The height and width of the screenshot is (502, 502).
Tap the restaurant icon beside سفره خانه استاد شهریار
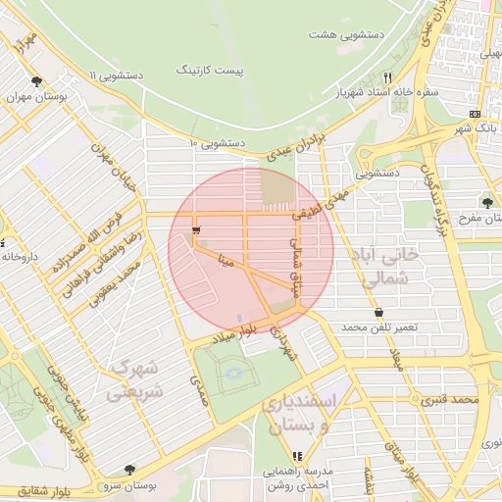point(388,77)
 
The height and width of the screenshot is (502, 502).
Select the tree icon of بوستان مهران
point(36,82)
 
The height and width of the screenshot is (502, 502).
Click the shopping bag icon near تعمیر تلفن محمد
point(379,312)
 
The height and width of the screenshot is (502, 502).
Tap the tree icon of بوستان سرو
point(129,470)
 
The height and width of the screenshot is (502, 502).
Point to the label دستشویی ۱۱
point(116,75)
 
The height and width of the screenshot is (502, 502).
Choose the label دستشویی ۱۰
point(217,143)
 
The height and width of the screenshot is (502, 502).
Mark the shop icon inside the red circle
point(197,230)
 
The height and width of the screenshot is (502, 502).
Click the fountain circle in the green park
point(232,371)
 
